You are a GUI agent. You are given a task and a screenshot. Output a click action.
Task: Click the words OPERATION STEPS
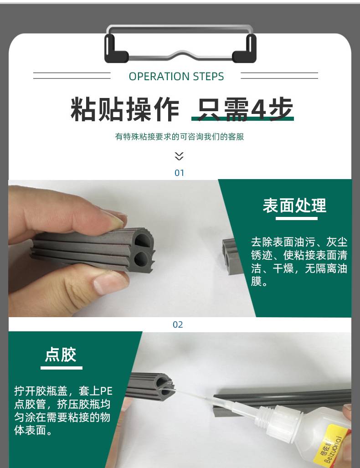(176, 77)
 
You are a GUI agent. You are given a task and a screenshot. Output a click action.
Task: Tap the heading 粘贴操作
(125, 109)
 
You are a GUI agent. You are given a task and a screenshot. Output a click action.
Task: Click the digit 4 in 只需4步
(259, 108)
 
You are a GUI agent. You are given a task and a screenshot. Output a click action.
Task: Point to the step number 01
(179, 173)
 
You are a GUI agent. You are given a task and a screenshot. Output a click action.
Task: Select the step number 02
(178, 324)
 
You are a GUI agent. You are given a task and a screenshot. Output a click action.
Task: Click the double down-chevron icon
(179, 156)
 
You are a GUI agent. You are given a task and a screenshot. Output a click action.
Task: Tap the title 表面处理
(294, 205)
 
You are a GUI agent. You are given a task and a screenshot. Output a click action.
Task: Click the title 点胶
(61, 355)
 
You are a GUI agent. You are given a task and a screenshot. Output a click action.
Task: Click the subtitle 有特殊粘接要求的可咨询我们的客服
(180, 137)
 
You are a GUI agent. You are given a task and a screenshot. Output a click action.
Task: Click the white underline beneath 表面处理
(296, 218)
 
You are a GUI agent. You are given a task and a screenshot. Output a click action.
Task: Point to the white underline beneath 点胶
(62, 368)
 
